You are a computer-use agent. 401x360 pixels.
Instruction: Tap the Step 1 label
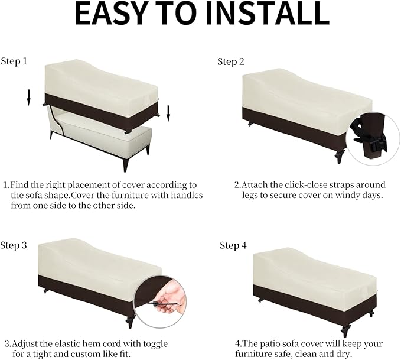pos(14,61)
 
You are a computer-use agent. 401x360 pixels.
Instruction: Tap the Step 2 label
pos(231,61)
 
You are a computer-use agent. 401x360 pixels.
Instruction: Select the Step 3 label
pos(14,245)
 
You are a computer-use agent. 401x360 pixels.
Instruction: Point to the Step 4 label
pos(233,245)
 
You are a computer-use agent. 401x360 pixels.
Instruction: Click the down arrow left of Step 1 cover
pos(28,98)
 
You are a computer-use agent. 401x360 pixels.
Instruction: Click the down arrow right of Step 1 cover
pos(168,113)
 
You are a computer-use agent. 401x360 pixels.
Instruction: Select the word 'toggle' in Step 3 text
pos(155,345)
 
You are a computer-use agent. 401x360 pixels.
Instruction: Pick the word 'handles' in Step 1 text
pos(187,195)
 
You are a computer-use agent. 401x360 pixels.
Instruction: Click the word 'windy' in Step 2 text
pos(350,195)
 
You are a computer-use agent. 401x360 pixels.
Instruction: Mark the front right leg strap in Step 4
pos(344,329)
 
